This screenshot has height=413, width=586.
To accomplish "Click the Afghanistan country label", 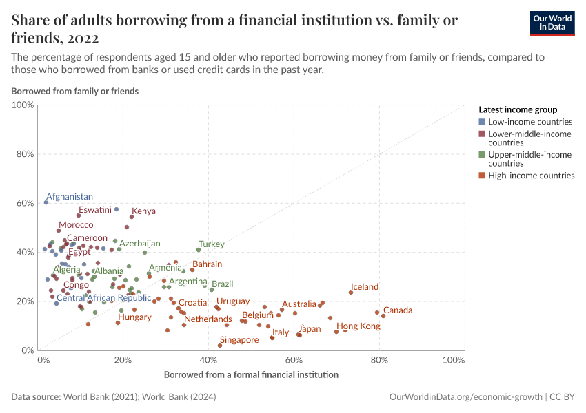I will click(70, 197).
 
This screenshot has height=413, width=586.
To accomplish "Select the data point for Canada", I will click(383, 316).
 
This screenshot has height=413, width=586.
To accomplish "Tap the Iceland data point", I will click(351, 293).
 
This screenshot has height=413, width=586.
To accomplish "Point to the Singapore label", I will click(239, 340).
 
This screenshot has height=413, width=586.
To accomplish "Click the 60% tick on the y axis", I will click(25, 203).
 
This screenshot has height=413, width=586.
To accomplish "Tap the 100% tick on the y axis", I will click(23, 105).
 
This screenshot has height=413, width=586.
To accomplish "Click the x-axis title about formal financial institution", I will click(251, 375).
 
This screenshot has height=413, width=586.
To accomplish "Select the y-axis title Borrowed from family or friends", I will click(74, 91).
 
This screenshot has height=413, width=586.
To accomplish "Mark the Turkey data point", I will click(199, 250).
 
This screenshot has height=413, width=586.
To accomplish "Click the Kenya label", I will click(143, 211).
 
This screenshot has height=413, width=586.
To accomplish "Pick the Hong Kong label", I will click(358, 326).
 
